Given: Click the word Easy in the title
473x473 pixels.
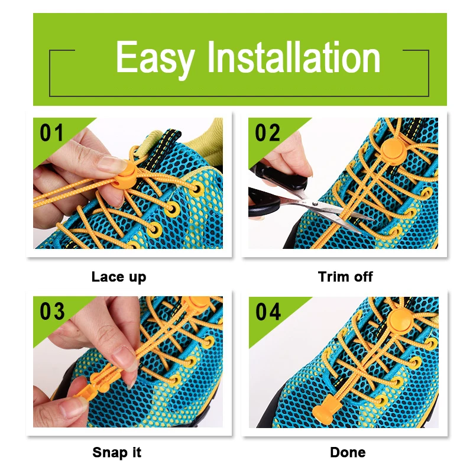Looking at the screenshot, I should [155, 59].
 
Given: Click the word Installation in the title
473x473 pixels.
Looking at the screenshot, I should [294, 58].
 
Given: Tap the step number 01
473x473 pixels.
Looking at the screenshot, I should [51, 133].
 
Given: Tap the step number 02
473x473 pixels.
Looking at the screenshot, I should [268, 133].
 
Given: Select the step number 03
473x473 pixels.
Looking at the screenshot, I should [52, 311].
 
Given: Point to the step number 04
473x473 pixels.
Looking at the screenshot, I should [268, 312].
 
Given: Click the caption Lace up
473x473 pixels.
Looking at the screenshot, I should [119, 277].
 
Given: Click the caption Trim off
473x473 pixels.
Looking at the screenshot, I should [345, 277].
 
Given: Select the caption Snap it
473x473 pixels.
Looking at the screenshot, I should [117, 453].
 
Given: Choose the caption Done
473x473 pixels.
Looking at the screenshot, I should [348, 453].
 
